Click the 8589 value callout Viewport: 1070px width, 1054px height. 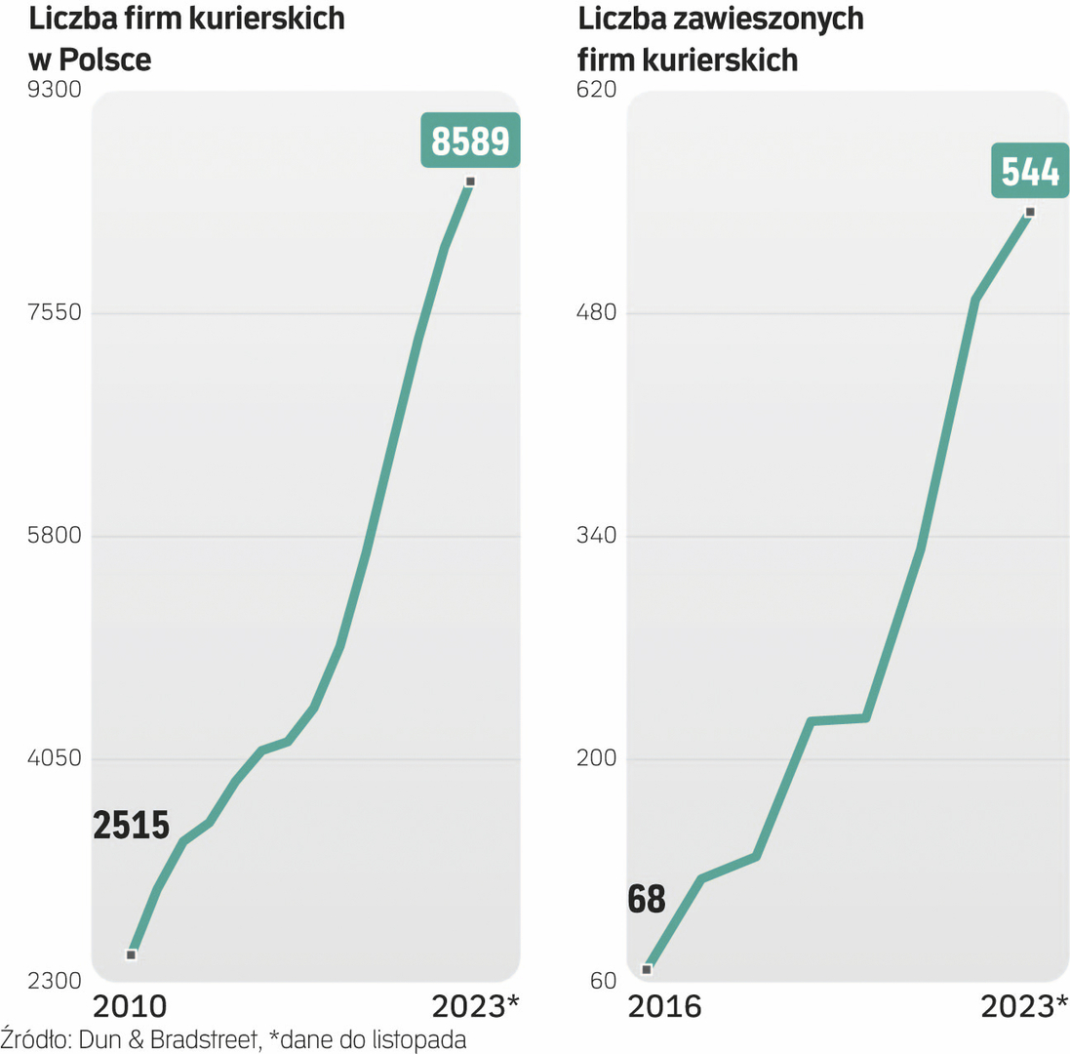click(x=471, y=142)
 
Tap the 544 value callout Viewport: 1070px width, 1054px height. click(x=1030, y=171)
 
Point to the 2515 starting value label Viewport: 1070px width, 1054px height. click(x=132, y=826)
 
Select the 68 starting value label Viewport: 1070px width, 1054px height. click(x=647, y=899)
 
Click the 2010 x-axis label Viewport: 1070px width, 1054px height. click(x=130, y=1007)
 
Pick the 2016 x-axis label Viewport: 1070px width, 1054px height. click(x=664, y=1007)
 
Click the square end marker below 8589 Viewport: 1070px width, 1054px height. click(x=470, y=182)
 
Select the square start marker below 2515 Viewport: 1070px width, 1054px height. click(x=132, y=954)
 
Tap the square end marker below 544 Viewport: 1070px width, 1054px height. click(x=1030, y=212)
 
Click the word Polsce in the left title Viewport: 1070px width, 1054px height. click(x=105, y=60)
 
